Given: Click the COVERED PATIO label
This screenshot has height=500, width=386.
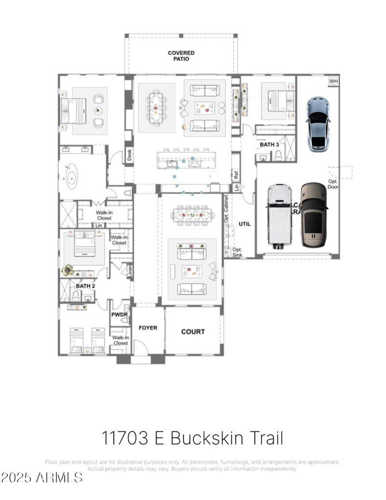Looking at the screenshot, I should [181, 56].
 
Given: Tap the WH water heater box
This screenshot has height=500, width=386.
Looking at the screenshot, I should [333, 81].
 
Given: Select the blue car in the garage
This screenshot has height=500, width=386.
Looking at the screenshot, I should [318, 123].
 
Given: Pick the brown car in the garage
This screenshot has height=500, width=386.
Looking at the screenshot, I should [313, 215].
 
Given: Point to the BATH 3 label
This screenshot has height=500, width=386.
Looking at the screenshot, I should [269, 144].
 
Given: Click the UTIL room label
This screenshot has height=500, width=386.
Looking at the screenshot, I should [245, 224].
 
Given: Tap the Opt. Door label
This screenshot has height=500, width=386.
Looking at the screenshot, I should [333, 184].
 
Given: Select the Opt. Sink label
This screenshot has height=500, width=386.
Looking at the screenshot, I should [237, 252].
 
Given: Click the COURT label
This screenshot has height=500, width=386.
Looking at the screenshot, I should [193, 332].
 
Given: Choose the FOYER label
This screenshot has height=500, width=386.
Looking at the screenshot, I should [148, 328].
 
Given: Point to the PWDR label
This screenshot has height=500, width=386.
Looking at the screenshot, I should [119, 315].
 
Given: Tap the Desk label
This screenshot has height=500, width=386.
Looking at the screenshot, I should [129, 155].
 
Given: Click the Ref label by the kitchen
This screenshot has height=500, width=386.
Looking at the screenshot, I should [236, 175].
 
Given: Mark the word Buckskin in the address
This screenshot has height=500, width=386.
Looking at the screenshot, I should [206, 438].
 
